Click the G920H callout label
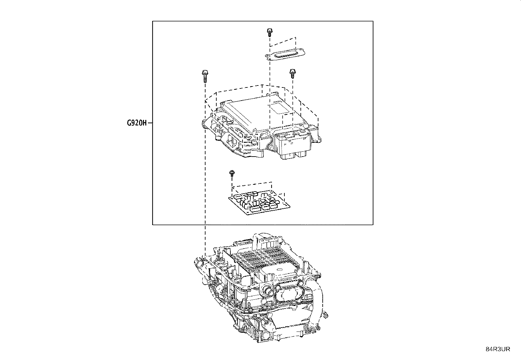137,123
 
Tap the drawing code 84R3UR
498,349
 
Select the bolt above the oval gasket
270,32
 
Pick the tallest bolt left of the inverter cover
205,76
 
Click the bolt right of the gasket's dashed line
293,73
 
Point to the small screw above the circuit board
232,174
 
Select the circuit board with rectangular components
259,202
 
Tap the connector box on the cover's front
292,144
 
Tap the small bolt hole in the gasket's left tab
269,56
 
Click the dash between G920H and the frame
150,123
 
